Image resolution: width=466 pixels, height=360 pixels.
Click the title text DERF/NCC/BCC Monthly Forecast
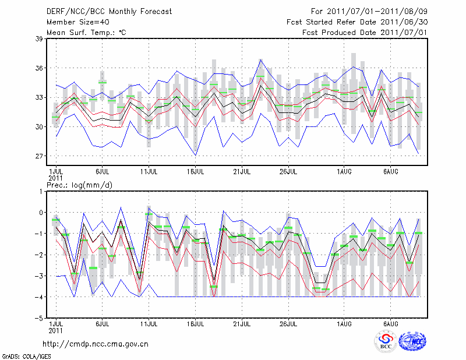point(110,12)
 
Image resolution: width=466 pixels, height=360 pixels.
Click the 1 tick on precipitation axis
point(40,191)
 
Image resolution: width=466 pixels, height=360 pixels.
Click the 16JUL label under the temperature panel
point(195,172)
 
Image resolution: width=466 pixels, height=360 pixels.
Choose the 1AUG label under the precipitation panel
point(344,323)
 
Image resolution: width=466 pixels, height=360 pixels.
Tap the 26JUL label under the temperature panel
point(288,172)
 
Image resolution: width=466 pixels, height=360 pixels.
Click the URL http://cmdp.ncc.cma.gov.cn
point(96,344)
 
